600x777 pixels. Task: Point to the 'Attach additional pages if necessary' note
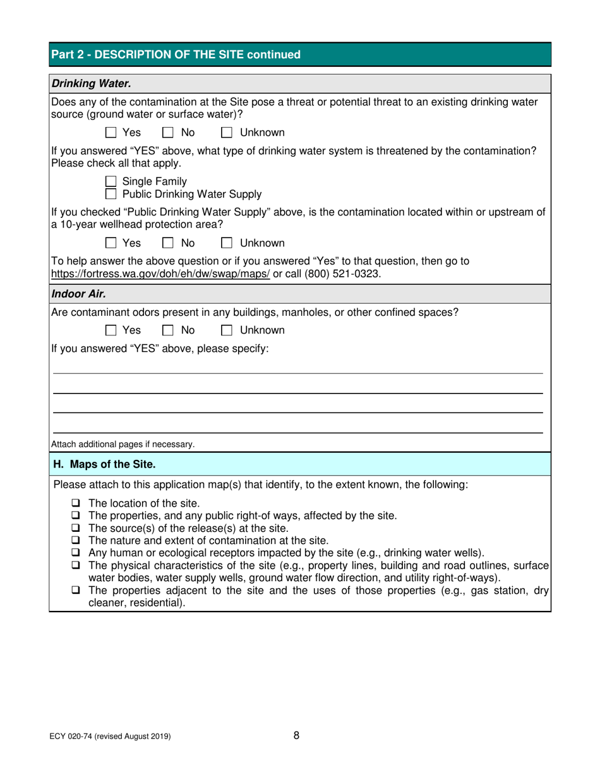[x=123, y=444]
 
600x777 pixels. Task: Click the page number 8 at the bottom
[x=297, y=735]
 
